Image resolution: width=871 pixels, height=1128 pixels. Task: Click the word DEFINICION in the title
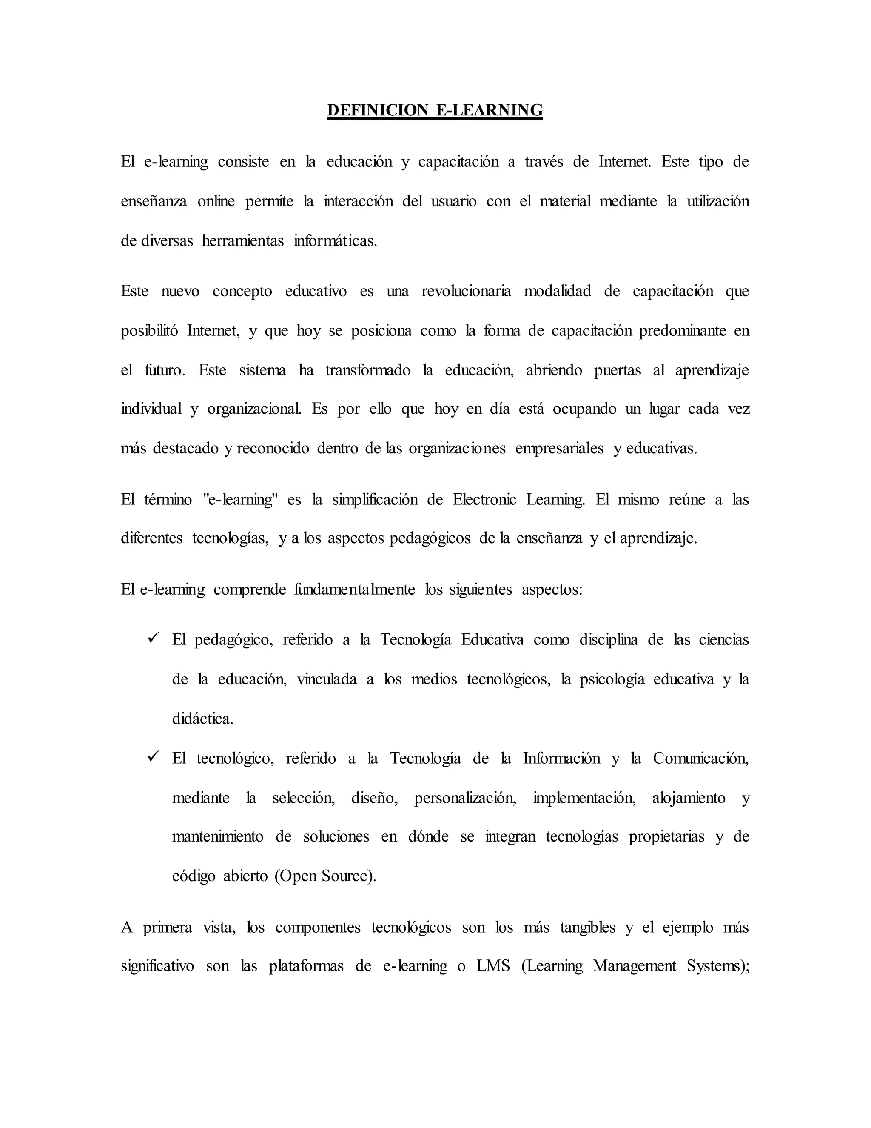[378, 110]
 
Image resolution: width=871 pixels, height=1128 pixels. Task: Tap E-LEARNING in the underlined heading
[490, 110]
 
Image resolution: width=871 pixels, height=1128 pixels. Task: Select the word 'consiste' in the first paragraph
[243, 162]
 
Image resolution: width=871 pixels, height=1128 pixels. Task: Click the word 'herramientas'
[242, 240]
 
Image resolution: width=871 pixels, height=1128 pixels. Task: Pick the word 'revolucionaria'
[466, 291]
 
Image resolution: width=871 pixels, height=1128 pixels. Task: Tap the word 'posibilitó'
[149, 331]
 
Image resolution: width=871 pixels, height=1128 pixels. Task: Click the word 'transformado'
[367, 370]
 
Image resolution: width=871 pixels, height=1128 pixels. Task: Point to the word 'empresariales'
[559, 448]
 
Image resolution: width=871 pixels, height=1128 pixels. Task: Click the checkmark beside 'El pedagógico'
[153, 638]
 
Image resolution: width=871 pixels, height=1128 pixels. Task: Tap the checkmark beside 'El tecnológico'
[153, 757]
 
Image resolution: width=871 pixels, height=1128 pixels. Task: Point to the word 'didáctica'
[202, 719]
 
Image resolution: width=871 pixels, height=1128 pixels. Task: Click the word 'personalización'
[464, 798]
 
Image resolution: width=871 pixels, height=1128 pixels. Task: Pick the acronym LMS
[493, 966]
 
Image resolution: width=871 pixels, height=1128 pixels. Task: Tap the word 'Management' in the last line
[634, 966]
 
